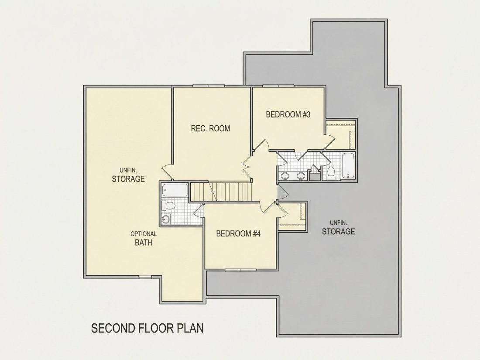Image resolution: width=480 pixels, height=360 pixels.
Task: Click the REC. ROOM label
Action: click(x=210, y=128)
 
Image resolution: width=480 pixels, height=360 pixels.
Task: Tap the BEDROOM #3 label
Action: click(x=288, y=114)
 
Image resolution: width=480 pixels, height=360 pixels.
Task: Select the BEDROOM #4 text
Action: click(x=238, y=233)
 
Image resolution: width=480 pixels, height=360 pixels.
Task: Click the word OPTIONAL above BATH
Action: click(x=144, y=234)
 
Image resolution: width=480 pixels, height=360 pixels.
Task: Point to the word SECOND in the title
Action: click(x=113, y=328)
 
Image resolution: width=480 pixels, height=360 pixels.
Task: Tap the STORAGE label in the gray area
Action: click(x=338, y=231)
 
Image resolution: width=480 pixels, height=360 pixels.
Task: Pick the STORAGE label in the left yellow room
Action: click(x=128, y=179)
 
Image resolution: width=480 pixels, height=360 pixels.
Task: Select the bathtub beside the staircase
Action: click(x=175, y=190)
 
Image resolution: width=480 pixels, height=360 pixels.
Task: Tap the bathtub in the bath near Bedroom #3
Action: click(x=348, y=166)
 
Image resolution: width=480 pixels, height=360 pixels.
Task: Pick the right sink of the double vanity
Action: click(x=301, y=176)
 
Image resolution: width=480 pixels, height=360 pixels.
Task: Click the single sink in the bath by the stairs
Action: click(x=166, y=219)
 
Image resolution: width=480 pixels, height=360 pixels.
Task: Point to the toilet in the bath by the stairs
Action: click(x=168, y=206)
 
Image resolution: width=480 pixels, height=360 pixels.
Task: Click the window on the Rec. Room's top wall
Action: click(x=209, y=86)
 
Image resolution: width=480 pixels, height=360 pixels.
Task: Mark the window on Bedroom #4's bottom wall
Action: click(x=240, y=270)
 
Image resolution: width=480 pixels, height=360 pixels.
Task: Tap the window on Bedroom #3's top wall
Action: click(x=278, y=86)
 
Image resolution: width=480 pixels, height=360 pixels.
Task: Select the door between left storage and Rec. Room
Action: click(x=167, y=172)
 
